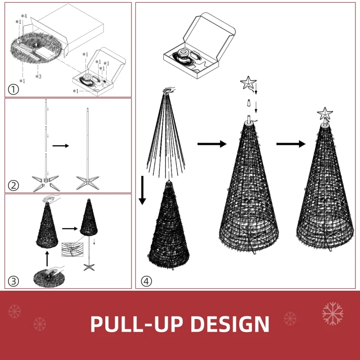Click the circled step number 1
[x=13, y=89]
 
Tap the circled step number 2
[x=13, y=185]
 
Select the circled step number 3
[x=13, y=281]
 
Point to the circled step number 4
[x=146, y=281]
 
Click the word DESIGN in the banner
[x=230, y=324]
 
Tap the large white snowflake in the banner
[x=333, y=314]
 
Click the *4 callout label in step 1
[x=24, y=16]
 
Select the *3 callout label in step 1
[x=38, y=76]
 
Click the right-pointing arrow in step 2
[x=61, y=145]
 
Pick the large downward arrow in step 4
[x=142, y=190]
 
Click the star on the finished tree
[x=325, y=113]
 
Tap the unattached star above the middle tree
[x=248, y=82]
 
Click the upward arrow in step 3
[x=47, y=259]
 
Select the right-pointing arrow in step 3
[x=70, y=229]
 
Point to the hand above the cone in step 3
[x=51, y=198]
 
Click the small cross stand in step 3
[x=89, y=267]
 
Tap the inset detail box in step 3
[x=72, y=249]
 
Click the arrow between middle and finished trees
[x=291, y=144]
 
